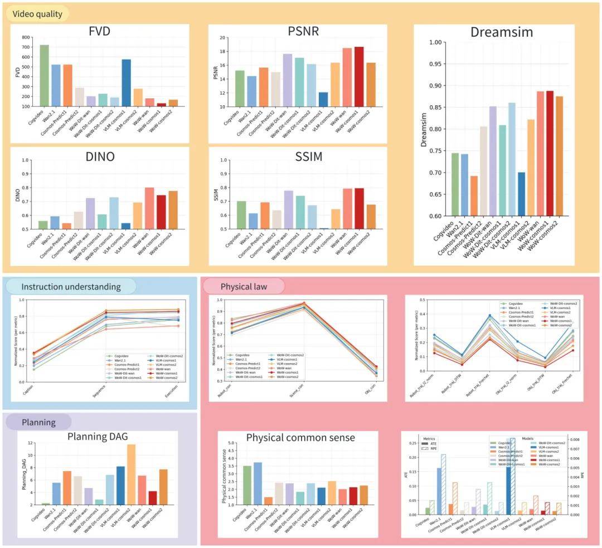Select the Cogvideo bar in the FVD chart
pos(44,75)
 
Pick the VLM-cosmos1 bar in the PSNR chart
pos(323,99)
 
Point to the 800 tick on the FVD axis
pos(26,37)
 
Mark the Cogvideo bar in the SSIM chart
pos(241,215)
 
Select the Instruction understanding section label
pos(71,287)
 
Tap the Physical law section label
pos(244,287)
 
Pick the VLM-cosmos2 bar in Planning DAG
pos(131,474)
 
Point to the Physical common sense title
pos(300,438)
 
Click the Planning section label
pos(38,422)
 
